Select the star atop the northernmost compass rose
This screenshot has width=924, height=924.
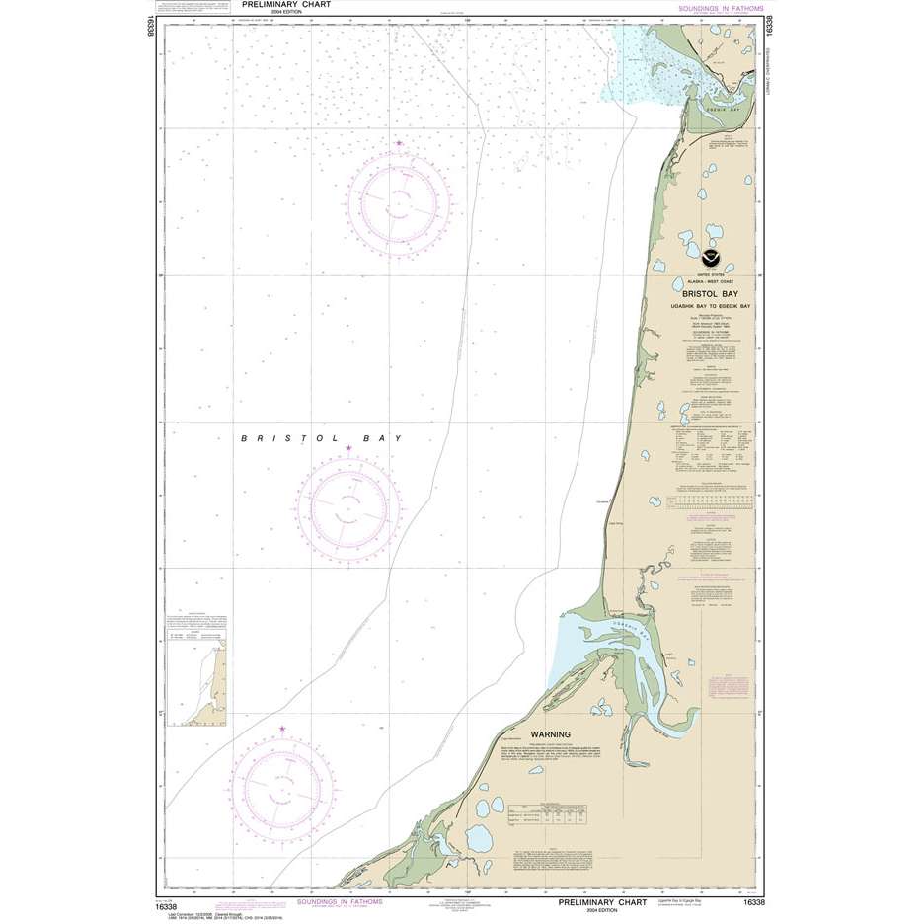pos(399,144)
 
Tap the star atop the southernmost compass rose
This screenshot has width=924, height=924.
pos(282,730)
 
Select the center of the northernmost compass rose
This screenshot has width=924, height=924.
pos(399,204)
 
